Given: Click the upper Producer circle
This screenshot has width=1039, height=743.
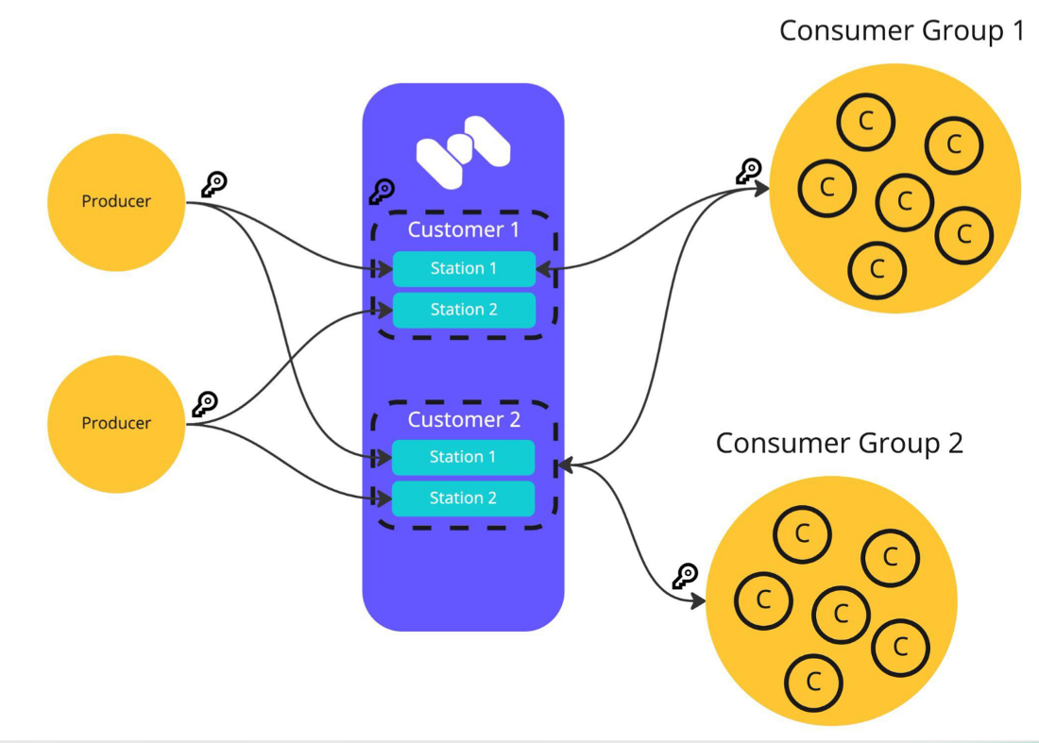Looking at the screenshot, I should pyautogui.click(x=116, y=201).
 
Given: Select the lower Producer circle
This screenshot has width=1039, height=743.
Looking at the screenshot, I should pyautogui.click(x=116, y=423).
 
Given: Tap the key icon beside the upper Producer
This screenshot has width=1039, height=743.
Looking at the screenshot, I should pyautogui.click(x=214, y=185).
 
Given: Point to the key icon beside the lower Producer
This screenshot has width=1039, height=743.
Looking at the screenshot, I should pyautogui.click(x=205, y=404).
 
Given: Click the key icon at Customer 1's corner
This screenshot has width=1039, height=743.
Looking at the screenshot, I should pyautogui.click(x=382, y=192).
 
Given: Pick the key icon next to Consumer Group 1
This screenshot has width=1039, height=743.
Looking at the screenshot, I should pyautogui.click(x=749, y=171).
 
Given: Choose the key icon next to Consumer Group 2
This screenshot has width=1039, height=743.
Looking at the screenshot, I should pyautogui.click(x=685, y=575).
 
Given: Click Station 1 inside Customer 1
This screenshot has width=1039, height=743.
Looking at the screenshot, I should pyautogui.click(x=464, y=268).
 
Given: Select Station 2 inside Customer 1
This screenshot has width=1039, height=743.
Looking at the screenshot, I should pyautogui.click(x=464, y=310).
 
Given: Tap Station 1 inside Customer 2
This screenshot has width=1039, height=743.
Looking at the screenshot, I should pyautogui.click(x=463, y=457).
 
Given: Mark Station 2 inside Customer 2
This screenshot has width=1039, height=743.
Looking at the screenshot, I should pyautogui.click(x=463, y=498).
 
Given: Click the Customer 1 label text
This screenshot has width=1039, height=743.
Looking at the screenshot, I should pyautogui.click(x=464, y=229).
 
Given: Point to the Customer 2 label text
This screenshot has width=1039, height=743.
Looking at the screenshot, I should pyautogui.click(x=464, y=419).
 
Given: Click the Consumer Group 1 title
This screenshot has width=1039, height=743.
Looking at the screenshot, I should pyautogui.click(x=901, y=30).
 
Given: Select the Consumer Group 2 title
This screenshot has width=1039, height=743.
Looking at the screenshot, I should pyautogui.click(x=839, y=443).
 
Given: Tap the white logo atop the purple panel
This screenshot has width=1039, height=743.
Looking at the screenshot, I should pyautogui.click(x=463, y=151).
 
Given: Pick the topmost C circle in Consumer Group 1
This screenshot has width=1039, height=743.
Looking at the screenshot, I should pyautogui.click(x=865, y=121).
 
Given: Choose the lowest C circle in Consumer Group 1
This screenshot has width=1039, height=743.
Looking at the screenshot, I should pyautogui.click(x=877, y=269).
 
